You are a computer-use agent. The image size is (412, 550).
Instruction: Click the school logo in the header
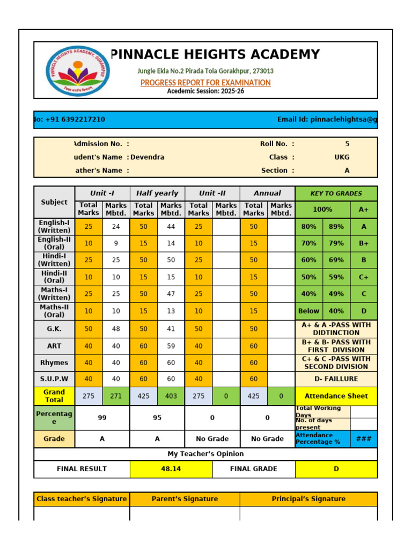coord(78,70)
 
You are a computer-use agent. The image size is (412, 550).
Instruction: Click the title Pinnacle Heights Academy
coord(215,54)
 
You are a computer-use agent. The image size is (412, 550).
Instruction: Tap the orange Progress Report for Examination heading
coord(205,83)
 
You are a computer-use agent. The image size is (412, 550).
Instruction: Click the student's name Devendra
coord(148,157)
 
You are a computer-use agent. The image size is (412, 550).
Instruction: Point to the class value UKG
coord(341,157)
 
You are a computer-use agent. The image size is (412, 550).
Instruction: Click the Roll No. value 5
coord(347,144)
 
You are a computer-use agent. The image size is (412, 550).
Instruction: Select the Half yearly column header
coord(157,193)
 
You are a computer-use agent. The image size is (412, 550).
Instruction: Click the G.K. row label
coord(54,329)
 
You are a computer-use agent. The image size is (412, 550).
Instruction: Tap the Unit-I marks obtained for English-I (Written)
coord(116,227)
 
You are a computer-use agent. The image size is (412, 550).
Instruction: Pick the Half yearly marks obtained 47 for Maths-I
coord(171,294)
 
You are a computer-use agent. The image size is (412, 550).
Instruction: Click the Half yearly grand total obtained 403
coord(171,396)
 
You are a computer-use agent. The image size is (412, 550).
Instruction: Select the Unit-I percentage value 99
coord(102,417)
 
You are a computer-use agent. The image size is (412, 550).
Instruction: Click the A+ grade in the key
coord(364,209)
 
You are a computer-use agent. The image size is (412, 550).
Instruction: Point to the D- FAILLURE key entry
coord(336,379)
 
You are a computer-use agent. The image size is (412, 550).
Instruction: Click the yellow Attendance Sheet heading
coord(336,396)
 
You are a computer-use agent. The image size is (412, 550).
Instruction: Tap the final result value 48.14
coord(171,469)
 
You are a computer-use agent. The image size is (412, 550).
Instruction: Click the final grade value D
coord(336,469)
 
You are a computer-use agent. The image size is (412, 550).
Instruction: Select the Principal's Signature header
coord(308,499)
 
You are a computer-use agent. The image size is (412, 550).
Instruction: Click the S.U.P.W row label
coord(54,379)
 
